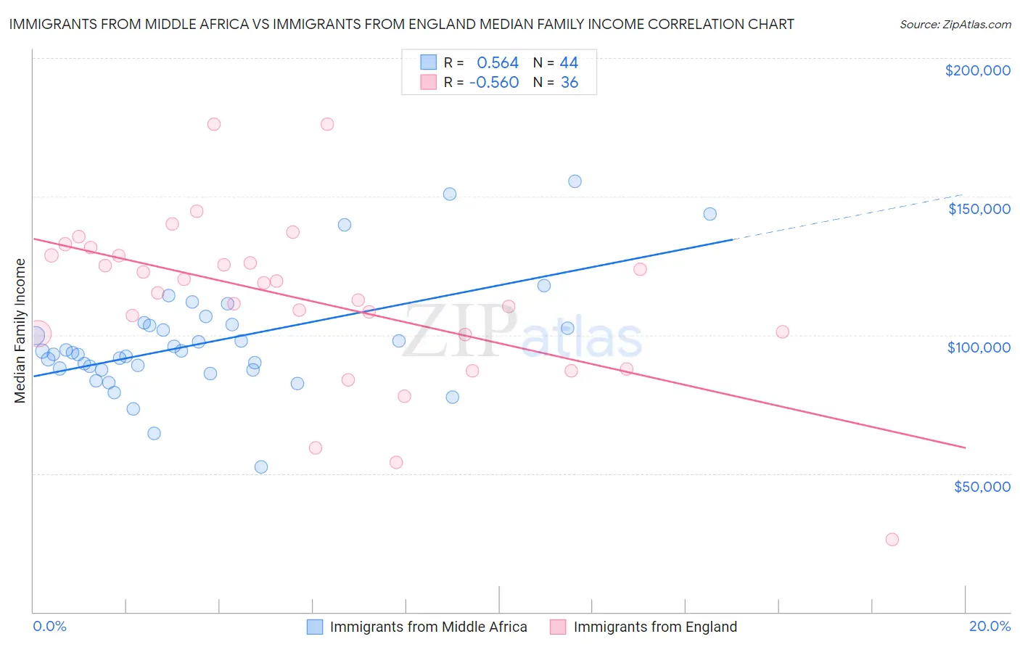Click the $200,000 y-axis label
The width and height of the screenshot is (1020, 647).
tap(977, 70)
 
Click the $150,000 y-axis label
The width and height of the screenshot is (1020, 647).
tap(979, 209)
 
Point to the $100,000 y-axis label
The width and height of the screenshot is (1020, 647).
tap(979, 347)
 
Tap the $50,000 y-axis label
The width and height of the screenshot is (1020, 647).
tap(982, 487)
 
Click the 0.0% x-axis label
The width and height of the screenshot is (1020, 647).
tap(49, 626)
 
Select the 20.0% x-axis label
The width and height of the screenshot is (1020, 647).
tap(990, 626)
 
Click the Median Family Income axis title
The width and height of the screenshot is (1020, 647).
tap(20, 331)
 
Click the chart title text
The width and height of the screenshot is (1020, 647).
tap(401, 24)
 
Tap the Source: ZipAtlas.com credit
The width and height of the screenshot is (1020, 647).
tap(955, 25)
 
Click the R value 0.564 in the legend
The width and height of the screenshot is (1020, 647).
tap(498, 62)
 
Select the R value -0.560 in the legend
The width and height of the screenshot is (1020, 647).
tap(494, 83)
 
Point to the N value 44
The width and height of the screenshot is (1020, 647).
tap(569, 62)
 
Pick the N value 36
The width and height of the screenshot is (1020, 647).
tap(569, 83)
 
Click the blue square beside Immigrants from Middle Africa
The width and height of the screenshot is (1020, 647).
tap(314, 627)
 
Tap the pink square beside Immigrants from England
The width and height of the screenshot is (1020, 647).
tap(558, 627)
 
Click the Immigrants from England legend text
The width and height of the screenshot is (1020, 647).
tap(655, 627)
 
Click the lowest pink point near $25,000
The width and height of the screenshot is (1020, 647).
tap(892, 540)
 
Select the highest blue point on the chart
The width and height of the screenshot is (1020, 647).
tap(575, 181)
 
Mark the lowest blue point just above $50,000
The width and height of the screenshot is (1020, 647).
tap(261, 467)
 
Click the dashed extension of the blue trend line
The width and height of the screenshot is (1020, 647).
tap(849, 218)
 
